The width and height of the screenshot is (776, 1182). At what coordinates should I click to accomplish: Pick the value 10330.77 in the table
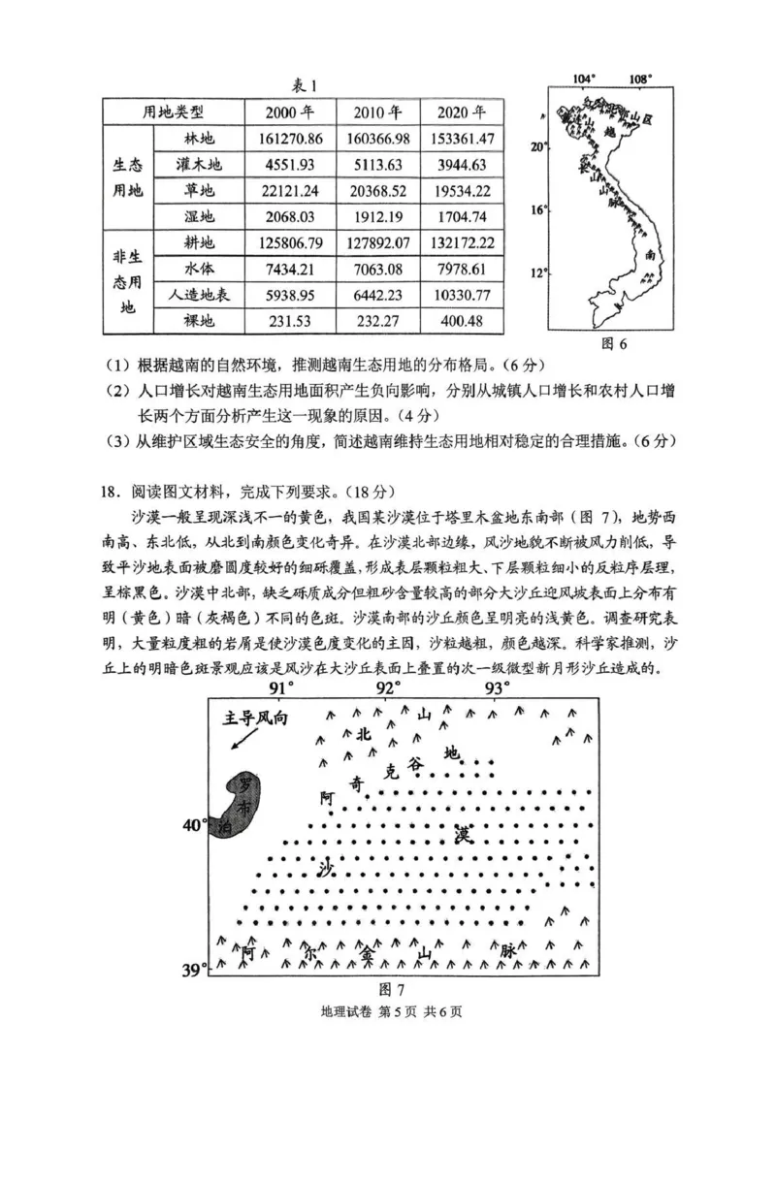[x=459, y=295]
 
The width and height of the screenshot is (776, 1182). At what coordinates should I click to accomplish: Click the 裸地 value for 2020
[x=459, y=321]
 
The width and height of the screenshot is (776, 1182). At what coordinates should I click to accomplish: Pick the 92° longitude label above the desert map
[x=388, y=688]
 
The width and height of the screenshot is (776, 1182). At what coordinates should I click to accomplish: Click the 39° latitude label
[x=196, y=969]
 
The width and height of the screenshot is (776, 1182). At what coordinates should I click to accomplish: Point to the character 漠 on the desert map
[x=463, y=834]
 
